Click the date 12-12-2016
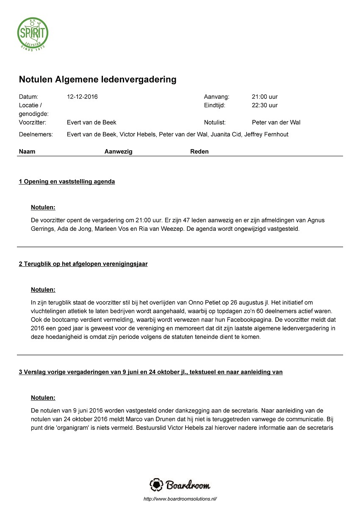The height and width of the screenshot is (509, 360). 82,97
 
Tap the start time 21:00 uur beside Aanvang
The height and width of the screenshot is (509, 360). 265,97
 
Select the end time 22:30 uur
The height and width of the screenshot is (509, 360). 265,105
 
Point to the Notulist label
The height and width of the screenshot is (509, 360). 215,122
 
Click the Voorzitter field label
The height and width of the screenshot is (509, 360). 32,122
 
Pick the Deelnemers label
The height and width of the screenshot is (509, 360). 36,135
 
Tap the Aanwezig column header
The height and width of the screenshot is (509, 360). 118,152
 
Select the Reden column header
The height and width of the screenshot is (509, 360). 199,152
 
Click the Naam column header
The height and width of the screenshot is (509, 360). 27,152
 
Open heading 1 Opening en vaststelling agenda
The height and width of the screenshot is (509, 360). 67,182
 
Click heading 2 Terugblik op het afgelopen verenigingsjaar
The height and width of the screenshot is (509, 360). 83,264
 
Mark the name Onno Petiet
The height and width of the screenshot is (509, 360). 219,302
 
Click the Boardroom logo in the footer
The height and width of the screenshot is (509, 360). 180,485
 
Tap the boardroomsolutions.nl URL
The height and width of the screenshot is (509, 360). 180,499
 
